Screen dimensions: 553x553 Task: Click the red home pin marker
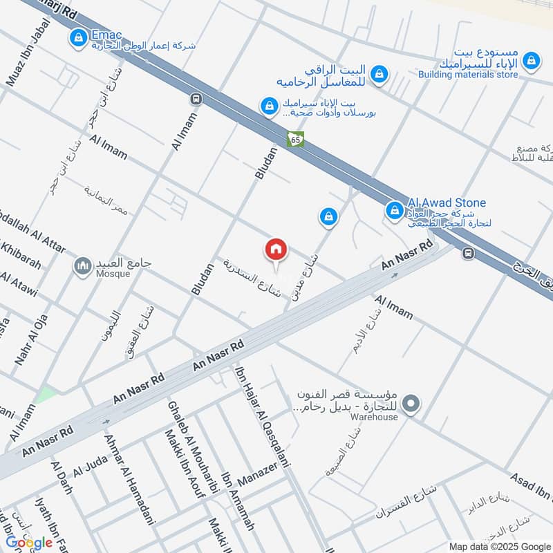pyautogui.click(x=276, y=250)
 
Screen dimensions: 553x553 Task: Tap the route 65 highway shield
pyautogui.click(x=296, y=139)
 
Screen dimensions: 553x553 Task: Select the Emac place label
pyautogui.click(x=108, y=34)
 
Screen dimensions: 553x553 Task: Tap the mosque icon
pyautogui.click(x=84, y=265)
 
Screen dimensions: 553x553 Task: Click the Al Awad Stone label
pyautogui.click(x=447, y=203)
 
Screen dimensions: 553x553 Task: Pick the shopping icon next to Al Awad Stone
pyautogui.click(x=394, y=209)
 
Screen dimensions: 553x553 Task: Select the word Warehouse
pyautogui.click(x=374, y=417)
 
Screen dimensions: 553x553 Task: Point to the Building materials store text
pyautogui.click(x=468, y=74)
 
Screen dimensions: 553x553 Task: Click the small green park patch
pyautogui.click(x=46, y=395)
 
